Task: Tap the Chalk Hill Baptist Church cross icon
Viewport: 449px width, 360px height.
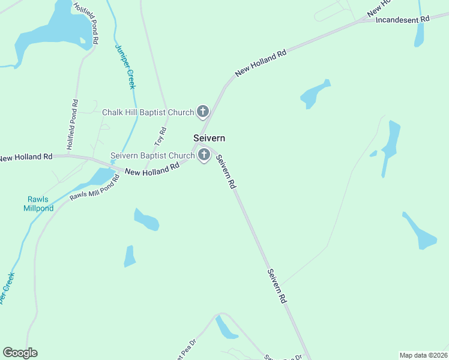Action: (x=203, y=112)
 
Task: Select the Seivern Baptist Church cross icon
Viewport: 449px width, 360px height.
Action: (x=204, y=155)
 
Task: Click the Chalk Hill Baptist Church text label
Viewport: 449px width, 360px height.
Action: (x=148, y=112)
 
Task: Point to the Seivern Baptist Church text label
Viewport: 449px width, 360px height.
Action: (x=152, y=156)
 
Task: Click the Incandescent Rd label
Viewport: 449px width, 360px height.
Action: (x=403, y=20)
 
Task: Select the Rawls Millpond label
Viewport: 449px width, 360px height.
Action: (x=38, y=204)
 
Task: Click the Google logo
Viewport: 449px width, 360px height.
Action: (x=20, y=353)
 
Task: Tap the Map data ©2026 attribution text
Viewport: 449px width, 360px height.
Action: (x=423, y=355)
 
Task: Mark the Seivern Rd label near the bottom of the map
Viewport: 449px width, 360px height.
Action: (x=277, y=286)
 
